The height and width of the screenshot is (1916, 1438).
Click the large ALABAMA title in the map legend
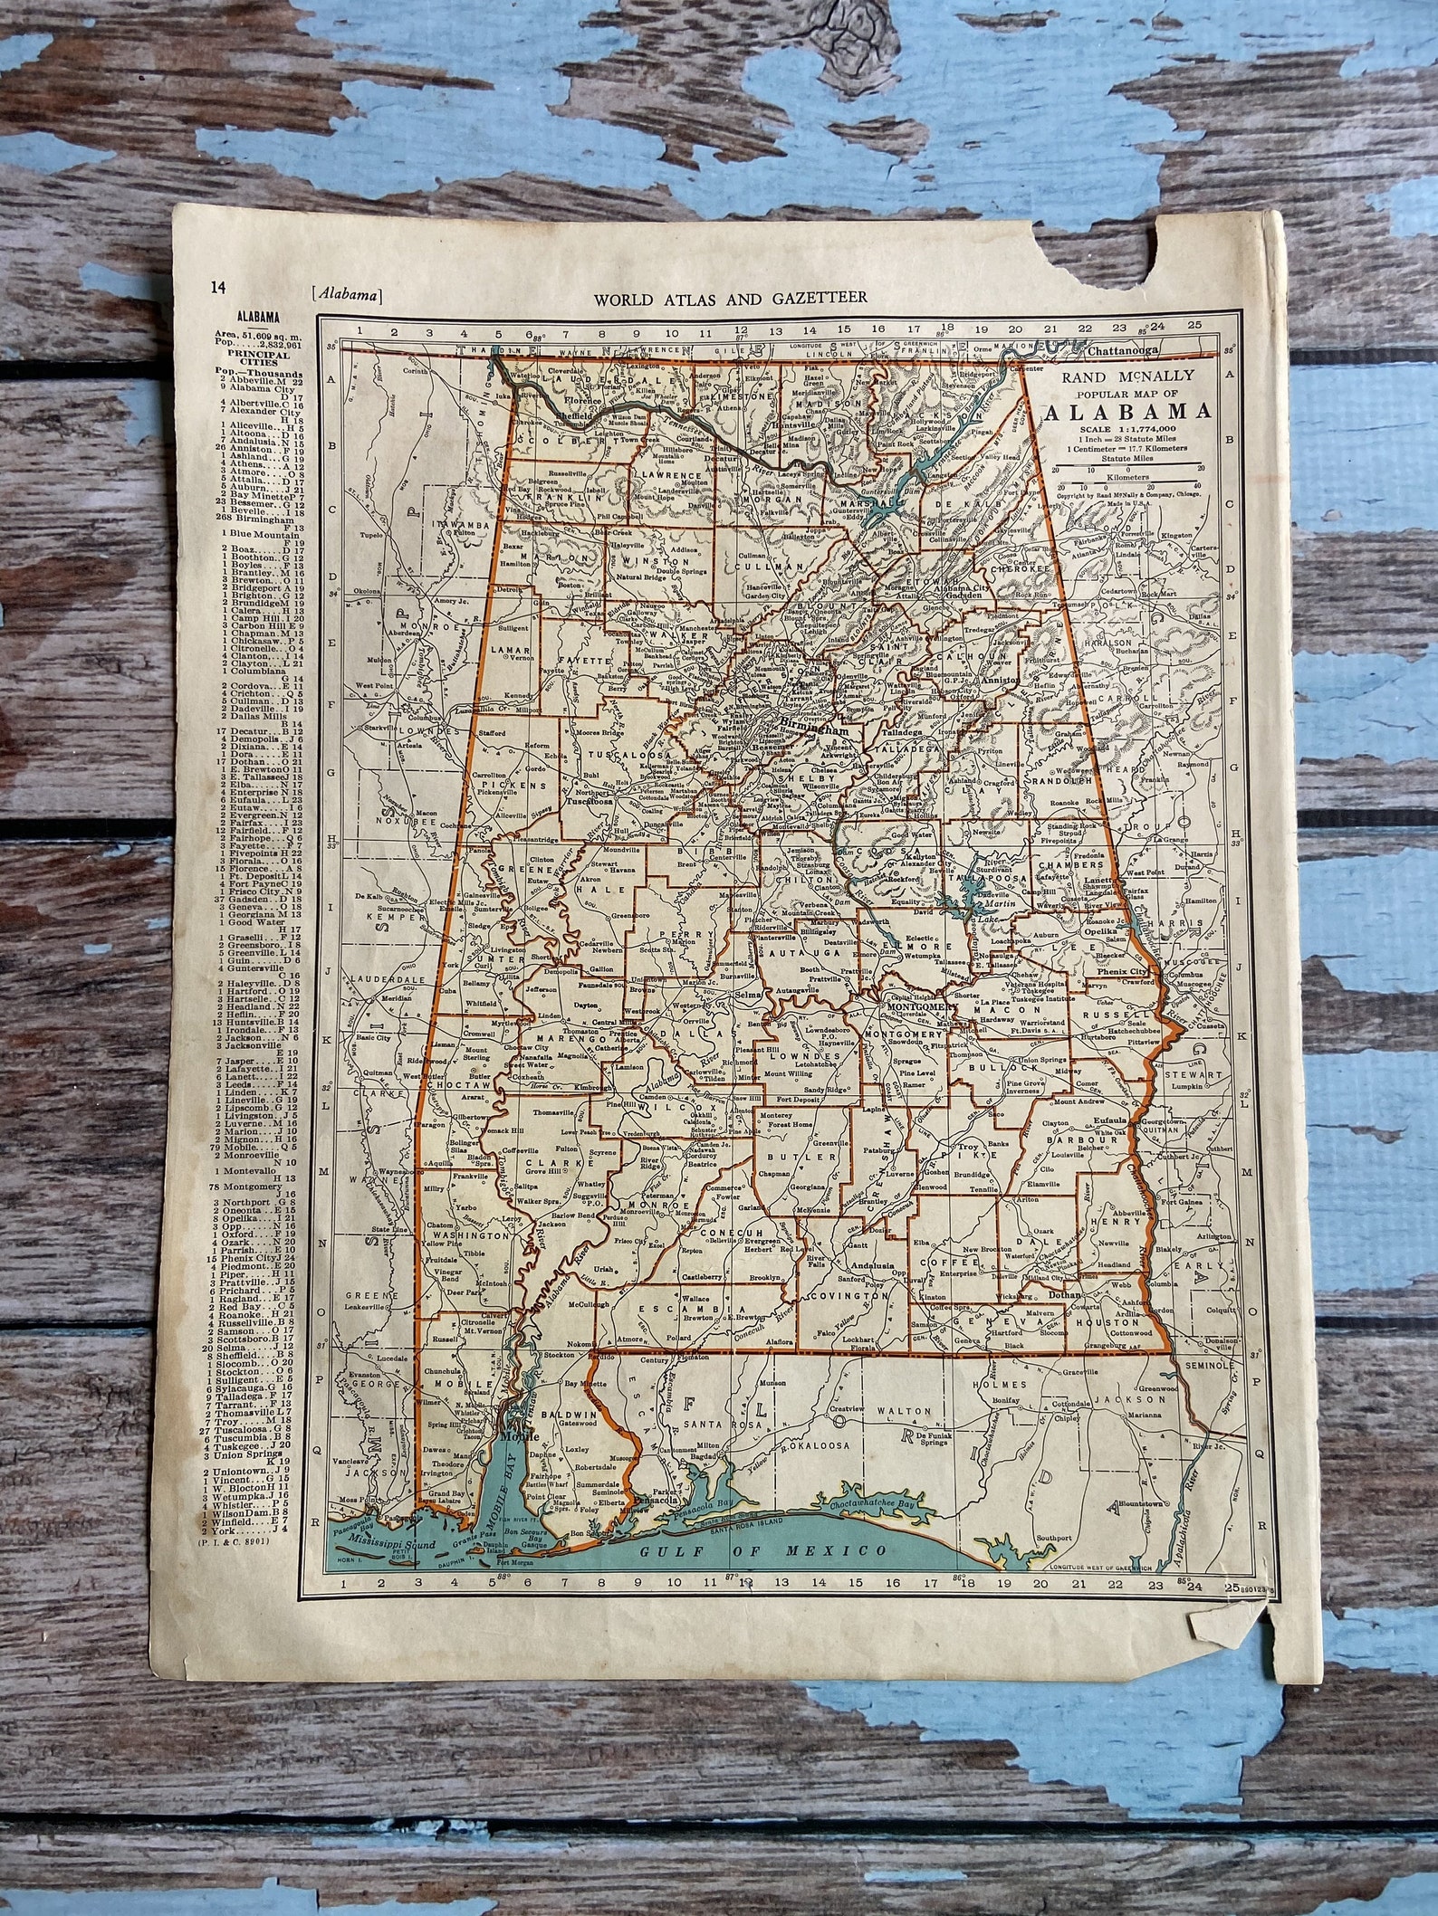coord(1128,412)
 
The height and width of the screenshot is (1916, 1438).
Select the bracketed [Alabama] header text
coord(345,292)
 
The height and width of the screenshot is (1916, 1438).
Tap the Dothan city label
coord(1066,1295)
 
